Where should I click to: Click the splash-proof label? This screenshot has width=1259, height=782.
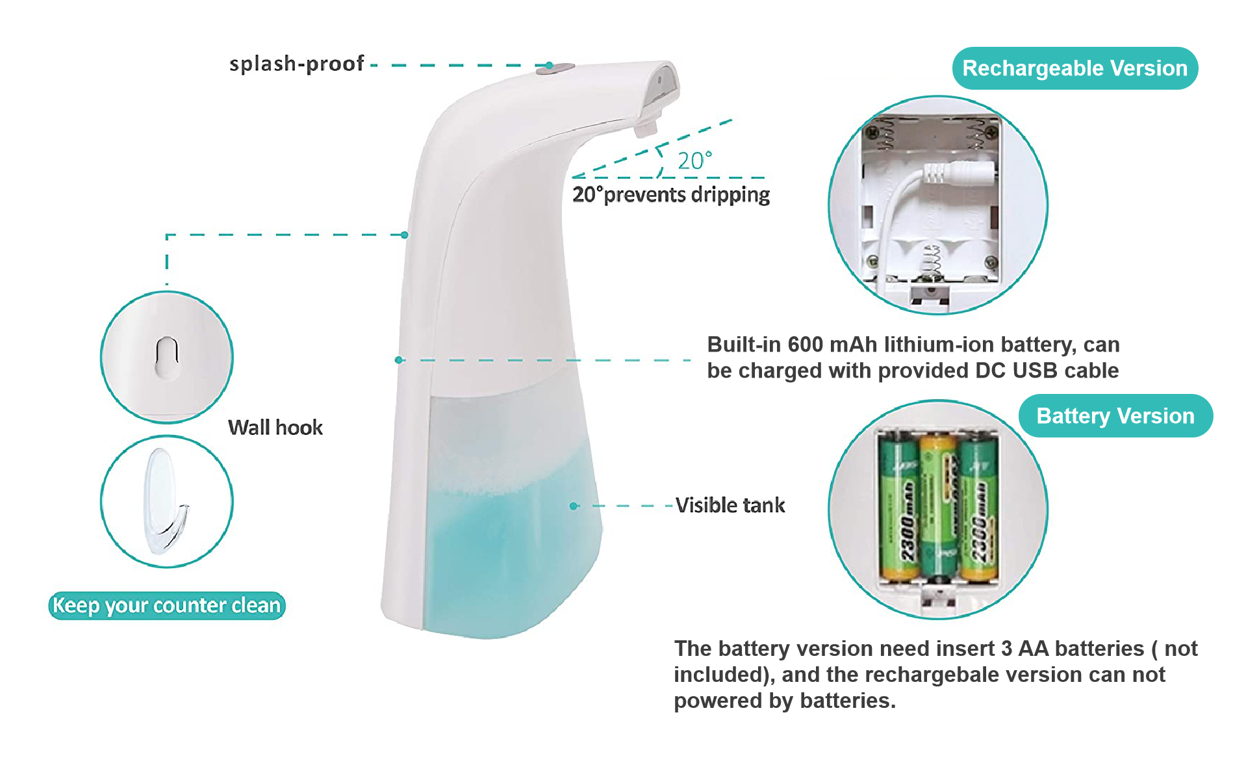(x=296, y=64)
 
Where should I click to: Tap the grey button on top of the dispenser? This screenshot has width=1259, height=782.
(x=563, y=68)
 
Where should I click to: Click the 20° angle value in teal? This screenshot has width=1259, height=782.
(x=694, y=161)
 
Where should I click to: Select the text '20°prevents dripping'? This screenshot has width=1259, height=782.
(x=671, y=194)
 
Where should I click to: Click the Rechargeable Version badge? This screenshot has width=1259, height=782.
(x=1075, y=68)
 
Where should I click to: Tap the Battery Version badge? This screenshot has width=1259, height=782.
(x=1115, y=416)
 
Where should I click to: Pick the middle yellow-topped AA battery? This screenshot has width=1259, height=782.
(x=938, y=507)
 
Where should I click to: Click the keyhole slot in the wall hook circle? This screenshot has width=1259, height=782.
(x=167, y=357)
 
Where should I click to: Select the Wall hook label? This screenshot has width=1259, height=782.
(x=275, y=428)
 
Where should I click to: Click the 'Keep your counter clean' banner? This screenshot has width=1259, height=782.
(x=167, y=606)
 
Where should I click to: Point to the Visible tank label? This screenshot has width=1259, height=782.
(x=730, y=505)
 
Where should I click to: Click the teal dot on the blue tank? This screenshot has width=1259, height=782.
(x=574, y=506)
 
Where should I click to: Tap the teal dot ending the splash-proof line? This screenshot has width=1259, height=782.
(x=549, y=65)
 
